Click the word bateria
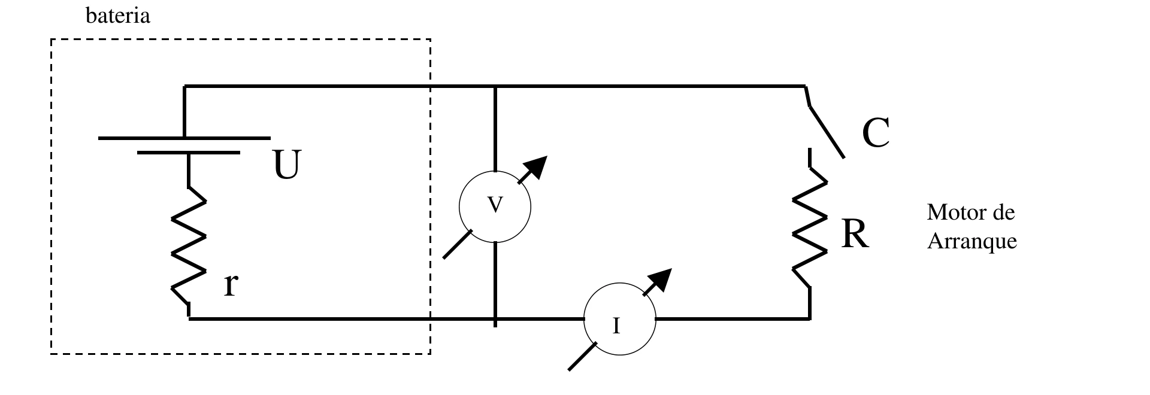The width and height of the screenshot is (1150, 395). pyautogui.click(x=118, y=16)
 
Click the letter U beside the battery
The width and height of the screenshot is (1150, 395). pyautogui.click(x=286, y=165)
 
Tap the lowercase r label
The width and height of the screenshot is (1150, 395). pyautogui.click(x=231, y=285)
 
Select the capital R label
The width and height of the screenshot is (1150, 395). pyautogui.click(x=855, y=235)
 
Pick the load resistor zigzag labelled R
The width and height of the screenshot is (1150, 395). pyautogui.click(x=810, y=227)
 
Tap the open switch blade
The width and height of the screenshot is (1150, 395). pyautogui.click(x=826, y=131)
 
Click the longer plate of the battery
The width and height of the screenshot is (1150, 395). pyautogui.click(x=184, y=138)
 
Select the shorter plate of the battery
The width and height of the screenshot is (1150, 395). pyautogui.click(x=189, y=153)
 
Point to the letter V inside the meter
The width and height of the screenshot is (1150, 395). pyautogui.click(x=495, y=205)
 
